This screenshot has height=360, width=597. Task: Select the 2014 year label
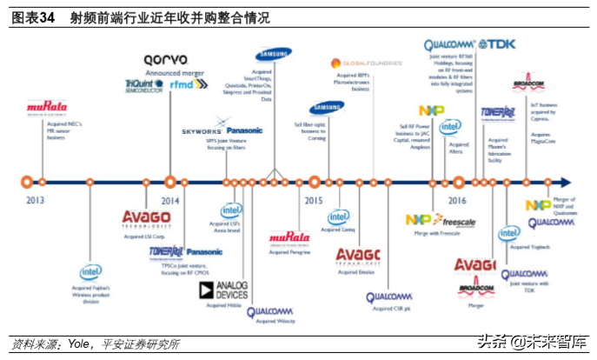pyautogui.click(x=169, y=199)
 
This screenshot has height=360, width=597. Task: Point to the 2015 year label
pyautogui.click(x=314, y=199)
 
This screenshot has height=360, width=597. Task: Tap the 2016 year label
pyautogui.click(x=458, y=199)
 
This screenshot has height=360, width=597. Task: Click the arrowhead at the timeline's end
pyautogui.click(x=566, y=183)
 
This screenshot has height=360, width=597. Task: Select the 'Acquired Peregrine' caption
pyautogui.click(x=289, y=252)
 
